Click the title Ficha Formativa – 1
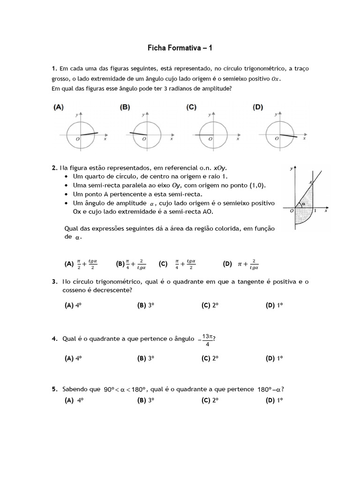180,48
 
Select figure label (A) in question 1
59,107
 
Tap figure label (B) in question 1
125,107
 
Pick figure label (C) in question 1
191,107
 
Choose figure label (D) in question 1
257,107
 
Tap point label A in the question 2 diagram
310,182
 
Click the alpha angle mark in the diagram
304,204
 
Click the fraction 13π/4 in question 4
206,340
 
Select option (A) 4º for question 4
73,358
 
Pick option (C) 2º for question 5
210,400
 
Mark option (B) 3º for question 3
146,305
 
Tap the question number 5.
54,389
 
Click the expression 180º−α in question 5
270,389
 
